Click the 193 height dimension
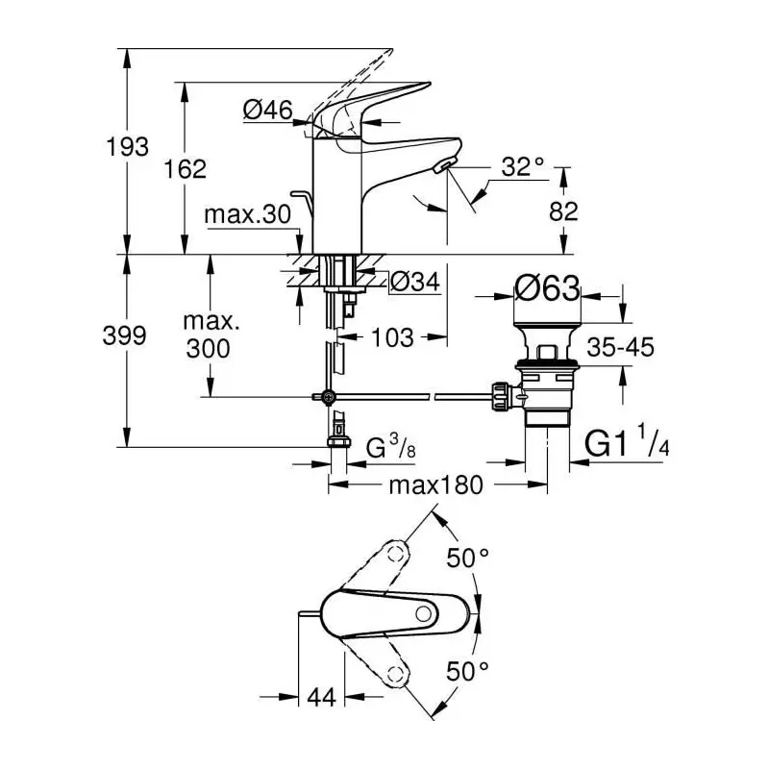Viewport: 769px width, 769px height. [128, 147]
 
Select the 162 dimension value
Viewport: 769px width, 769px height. [185, 169]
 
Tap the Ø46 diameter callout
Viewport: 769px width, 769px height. [268, 110]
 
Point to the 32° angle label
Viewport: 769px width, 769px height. [523, 166]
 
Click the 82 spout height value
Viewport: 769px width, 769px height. [563, 211]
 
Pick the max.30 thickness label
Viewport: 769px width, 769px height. [248, 214]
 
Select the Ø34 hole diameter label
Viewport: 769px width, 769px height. [415, 282]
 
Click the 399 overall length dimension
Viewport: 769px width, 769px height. [125, 335]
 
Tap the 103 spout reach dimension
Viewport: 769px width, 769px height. [392, 337]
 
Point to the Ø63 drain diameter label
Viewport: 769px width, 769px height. [547, 287]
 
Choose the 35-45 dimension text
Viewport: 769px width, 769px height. [620, 347]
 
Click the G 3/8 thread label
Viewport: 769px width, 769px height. [391, 446]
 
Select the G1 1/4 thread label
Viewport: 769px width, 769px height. [627, 441]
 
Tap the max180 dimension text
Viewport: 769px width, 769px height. [436, 485]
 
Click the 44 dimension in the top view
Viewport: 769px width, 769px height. [321, 697]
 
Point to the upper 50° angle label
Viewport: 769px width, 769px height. [468, 558]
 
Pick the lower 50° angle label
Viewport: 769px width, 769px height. [468, 671]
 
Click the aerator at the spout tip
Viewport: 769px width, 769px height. [443, 165]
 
